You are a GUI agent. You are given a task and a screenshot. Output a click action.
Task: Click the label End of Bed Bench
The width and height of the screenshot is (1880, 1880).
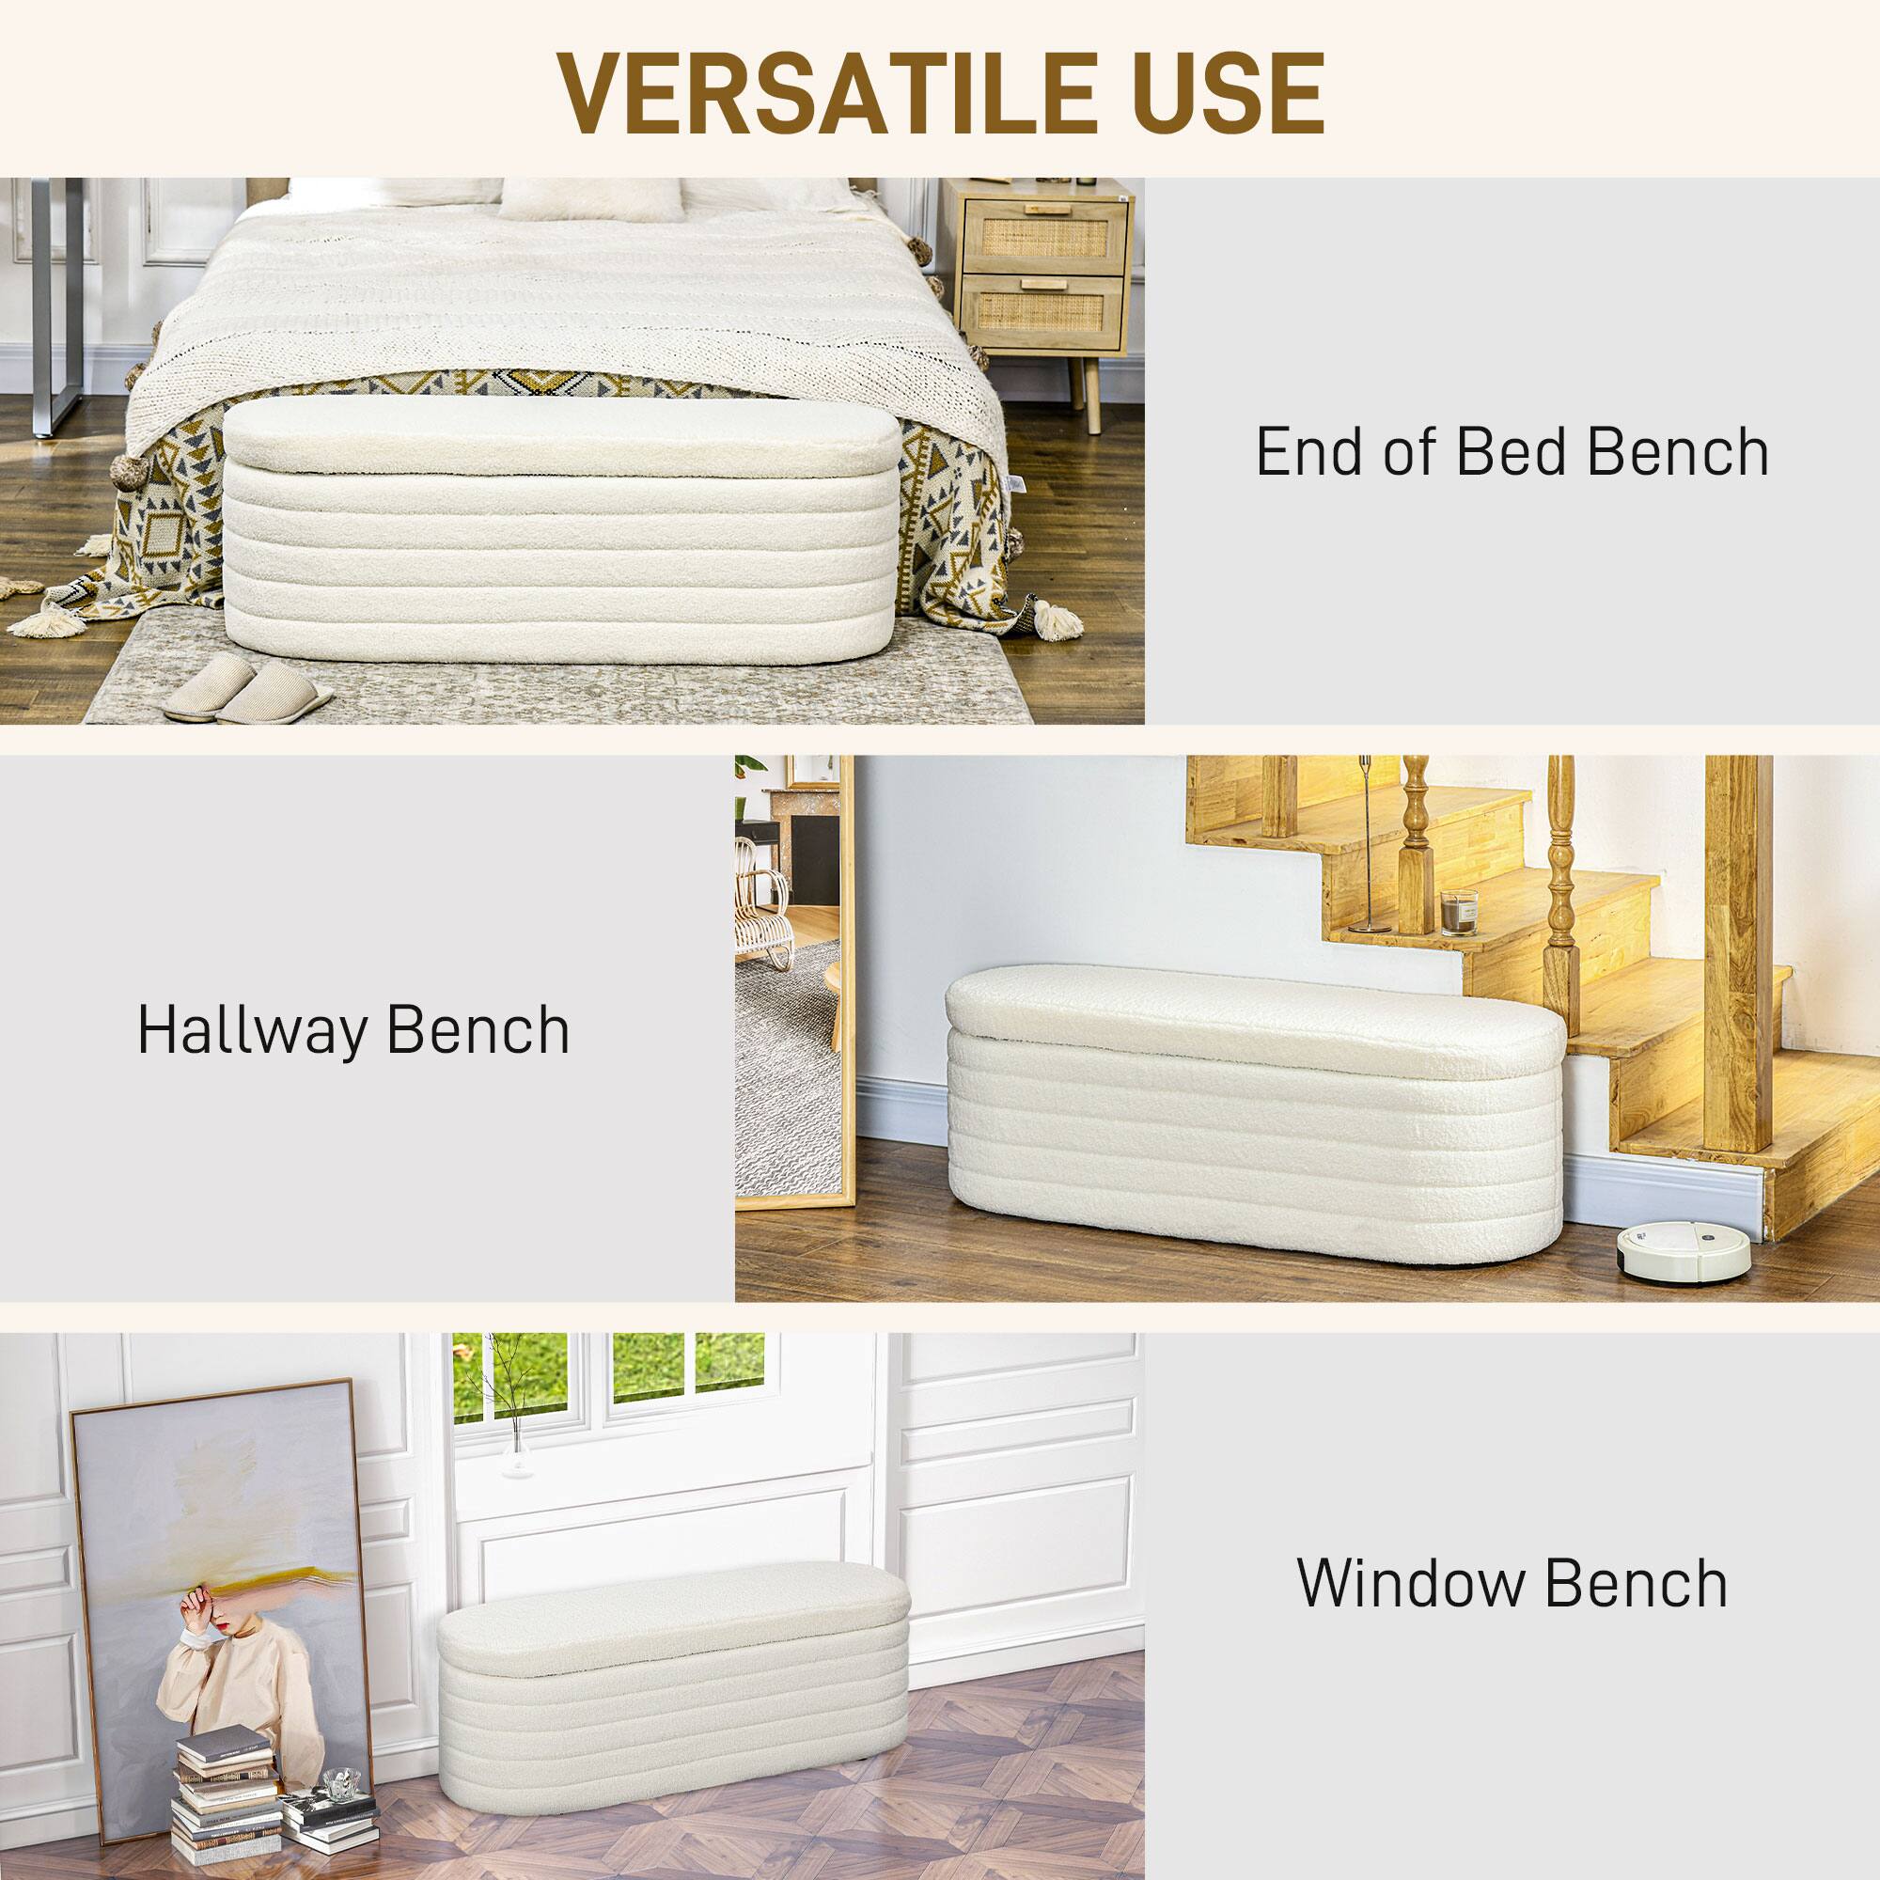coord(1512,452)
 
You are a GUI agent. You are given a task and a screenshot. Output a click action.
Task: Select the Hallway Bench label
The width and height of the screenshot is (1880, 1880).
coord(353,1030)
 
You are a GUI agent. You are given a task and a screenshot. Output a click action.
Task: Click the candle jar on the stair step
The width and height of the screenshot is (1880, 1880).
coord(1459,912)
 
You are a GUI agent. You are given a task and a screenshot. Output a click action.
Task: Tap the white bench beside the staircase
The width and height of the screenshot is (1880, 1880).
coord(1252,1114)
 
